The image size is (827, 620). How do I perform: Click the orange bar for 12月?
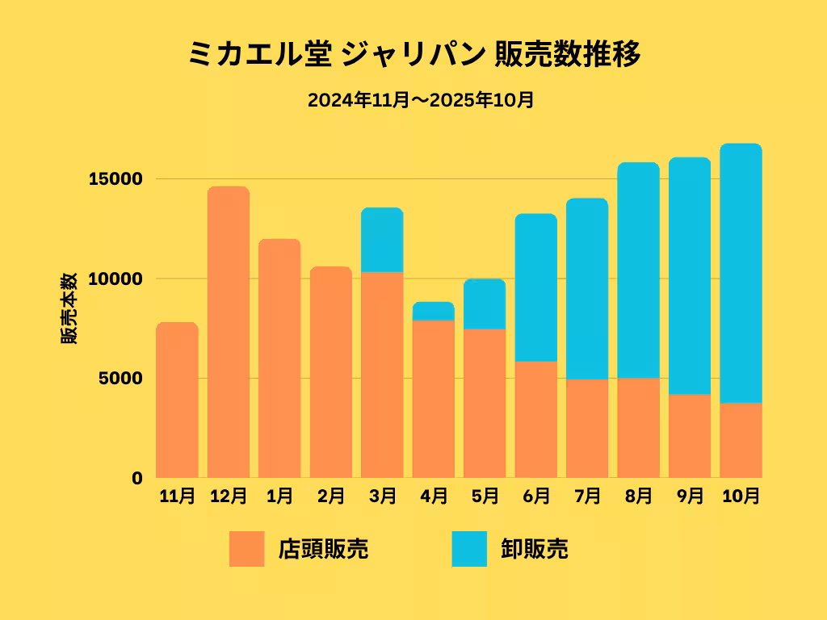(229, 332)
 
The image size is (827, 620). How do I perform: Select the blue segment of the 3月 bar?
(382, 240)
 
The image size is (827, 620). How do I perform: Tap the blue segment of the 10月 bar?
(741, 273)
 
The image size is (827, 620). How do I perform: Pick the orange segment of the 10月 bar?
(741, 440)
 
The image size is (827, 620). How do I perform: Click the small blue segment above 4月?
(433, 312)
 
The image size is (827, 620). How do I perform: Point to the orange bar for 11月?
(177, 400)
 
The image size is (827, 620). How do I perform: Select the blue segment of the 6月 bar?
(536, 287)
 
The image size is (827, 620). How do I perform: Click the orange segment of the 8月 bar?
(638, 428)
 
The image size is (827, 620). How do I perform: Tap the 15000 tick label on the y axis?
(115, 178)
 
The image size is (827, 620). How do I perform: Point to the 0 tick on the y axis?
(137, 478)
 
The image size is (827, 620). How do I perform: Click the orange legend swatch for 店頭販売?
(246, 549)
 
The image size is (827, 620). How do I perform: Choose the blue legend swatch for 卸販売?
(469, 549)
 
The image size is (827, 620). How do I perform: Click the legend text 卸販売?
(534, 549)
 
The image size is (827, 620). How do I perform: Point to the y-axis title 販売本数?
(70, 308)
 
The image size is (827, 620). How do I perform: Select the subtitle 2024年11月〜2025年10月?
(421, 101)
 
